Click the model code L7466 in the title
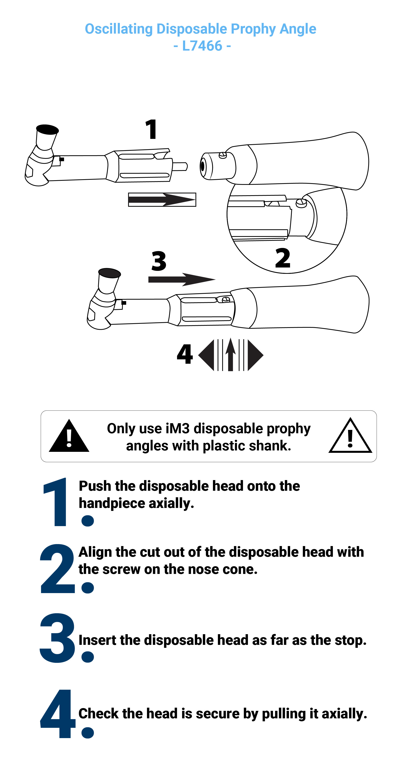[x=202, y=46]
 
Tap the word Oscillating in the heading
[x=119, y=29]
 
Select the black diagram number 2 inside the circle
[x=282, y=258]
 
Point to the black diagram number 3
[x=159, y=261]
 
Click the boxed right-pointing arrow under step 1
[x=162, y=200]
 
